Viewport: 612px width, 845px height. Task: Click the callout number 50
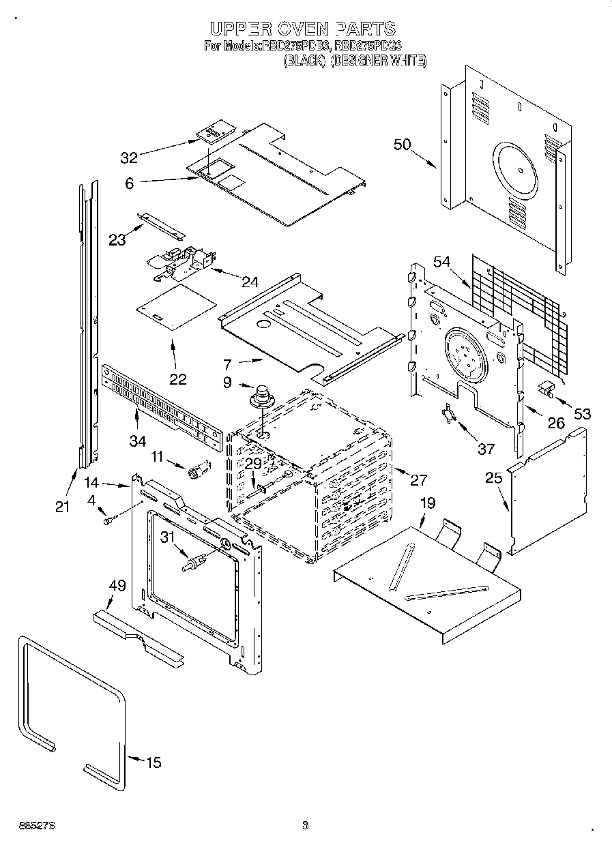click(403, 144)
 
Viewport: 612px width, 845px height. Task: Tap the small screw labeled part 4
click(108, 520)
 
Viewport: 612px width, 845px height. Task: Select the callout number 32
click(129, 158)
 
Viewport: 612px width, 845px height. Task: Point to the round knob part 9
click(260, 396)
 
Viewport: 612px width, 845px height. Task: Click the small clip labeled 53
click(546, 388)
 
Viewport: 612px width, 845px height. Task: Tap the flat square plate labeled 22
click(175, 306)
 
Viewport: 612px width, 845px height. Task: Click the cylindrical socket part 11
click(199, 470)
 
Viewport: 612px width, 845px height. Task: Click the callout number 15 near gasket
click(154, 762)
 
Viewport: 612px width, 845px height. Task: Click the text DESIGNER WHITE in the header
click(379, 61)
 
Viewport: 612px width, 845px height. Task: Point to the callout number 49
click(117, 585)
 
